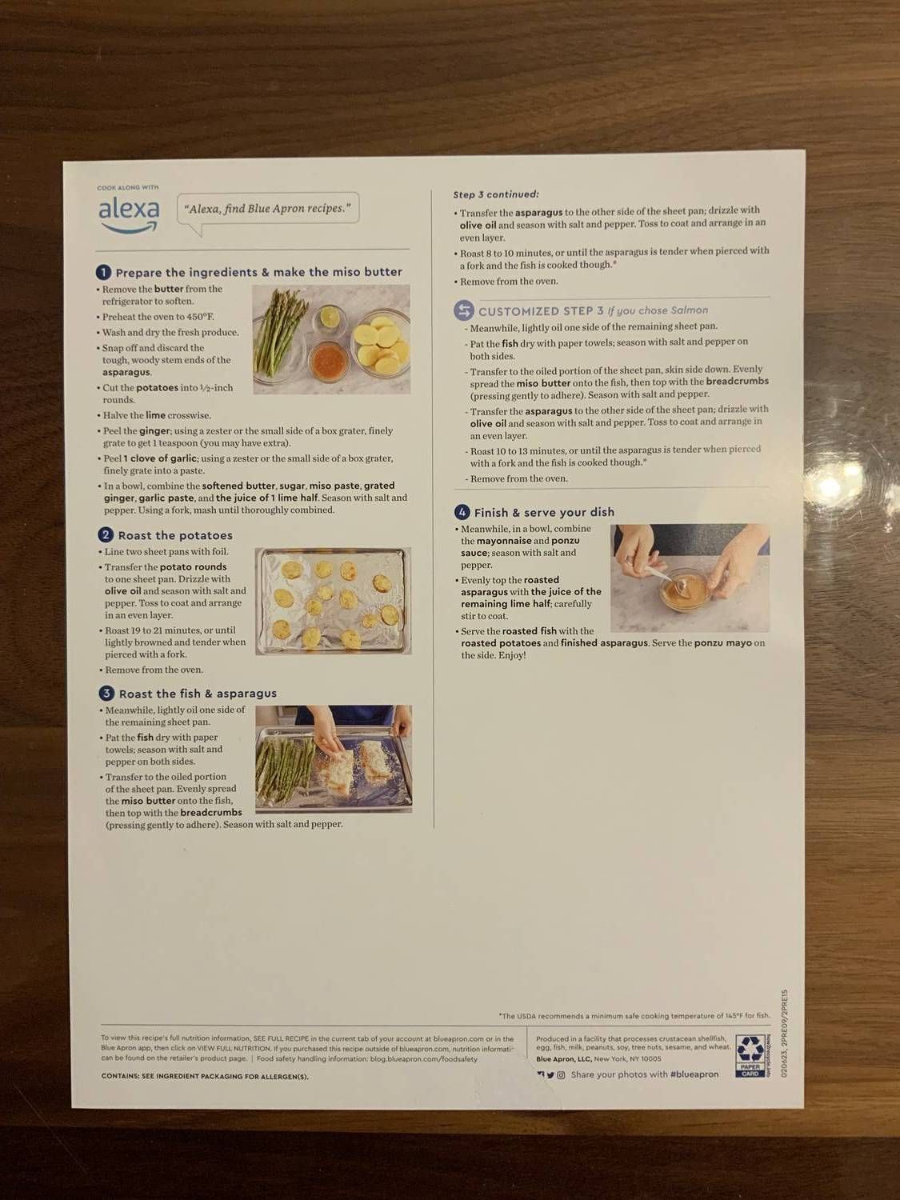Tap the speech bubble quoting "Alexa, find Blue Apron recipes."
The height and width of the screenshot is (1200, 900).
click(x=267, y=209)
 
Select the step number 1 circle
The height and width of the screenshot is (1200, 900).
click(x=103, y=272)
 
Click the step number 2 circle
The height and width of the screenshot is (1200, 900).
click(x=106, y=535)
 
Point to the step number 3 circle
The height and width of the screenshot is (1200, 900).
click(x=106, y=694)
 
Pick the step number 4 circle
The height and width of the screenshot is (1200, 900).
click(x=462, y=512)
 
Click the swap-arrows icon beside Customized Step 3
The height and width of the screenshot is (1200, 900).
click(x=464, y=310)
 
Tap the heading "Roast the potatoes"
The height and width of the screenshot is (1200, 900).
click(x=175, y=535)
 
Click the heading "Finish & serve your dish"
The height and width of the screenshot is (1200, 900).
click(x=544, y=512)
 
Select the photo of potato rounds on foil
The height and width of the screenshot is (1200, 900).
click(x=333, y=601)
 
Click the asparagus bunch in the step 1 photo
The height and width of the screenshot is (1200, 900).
click(x=281, y=336)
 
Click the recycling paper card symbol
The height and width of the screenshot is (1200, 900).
click(x=750, y=1055)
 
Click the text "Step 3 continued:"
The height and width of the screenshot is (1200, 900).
click(x=496, y=194)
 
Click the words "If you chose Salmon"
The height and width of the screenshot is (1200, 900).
click(x=658, y=310)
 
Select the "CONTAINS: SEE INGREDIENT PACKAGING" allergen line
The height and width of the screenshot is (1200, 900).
click(x=205, y=1077)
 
